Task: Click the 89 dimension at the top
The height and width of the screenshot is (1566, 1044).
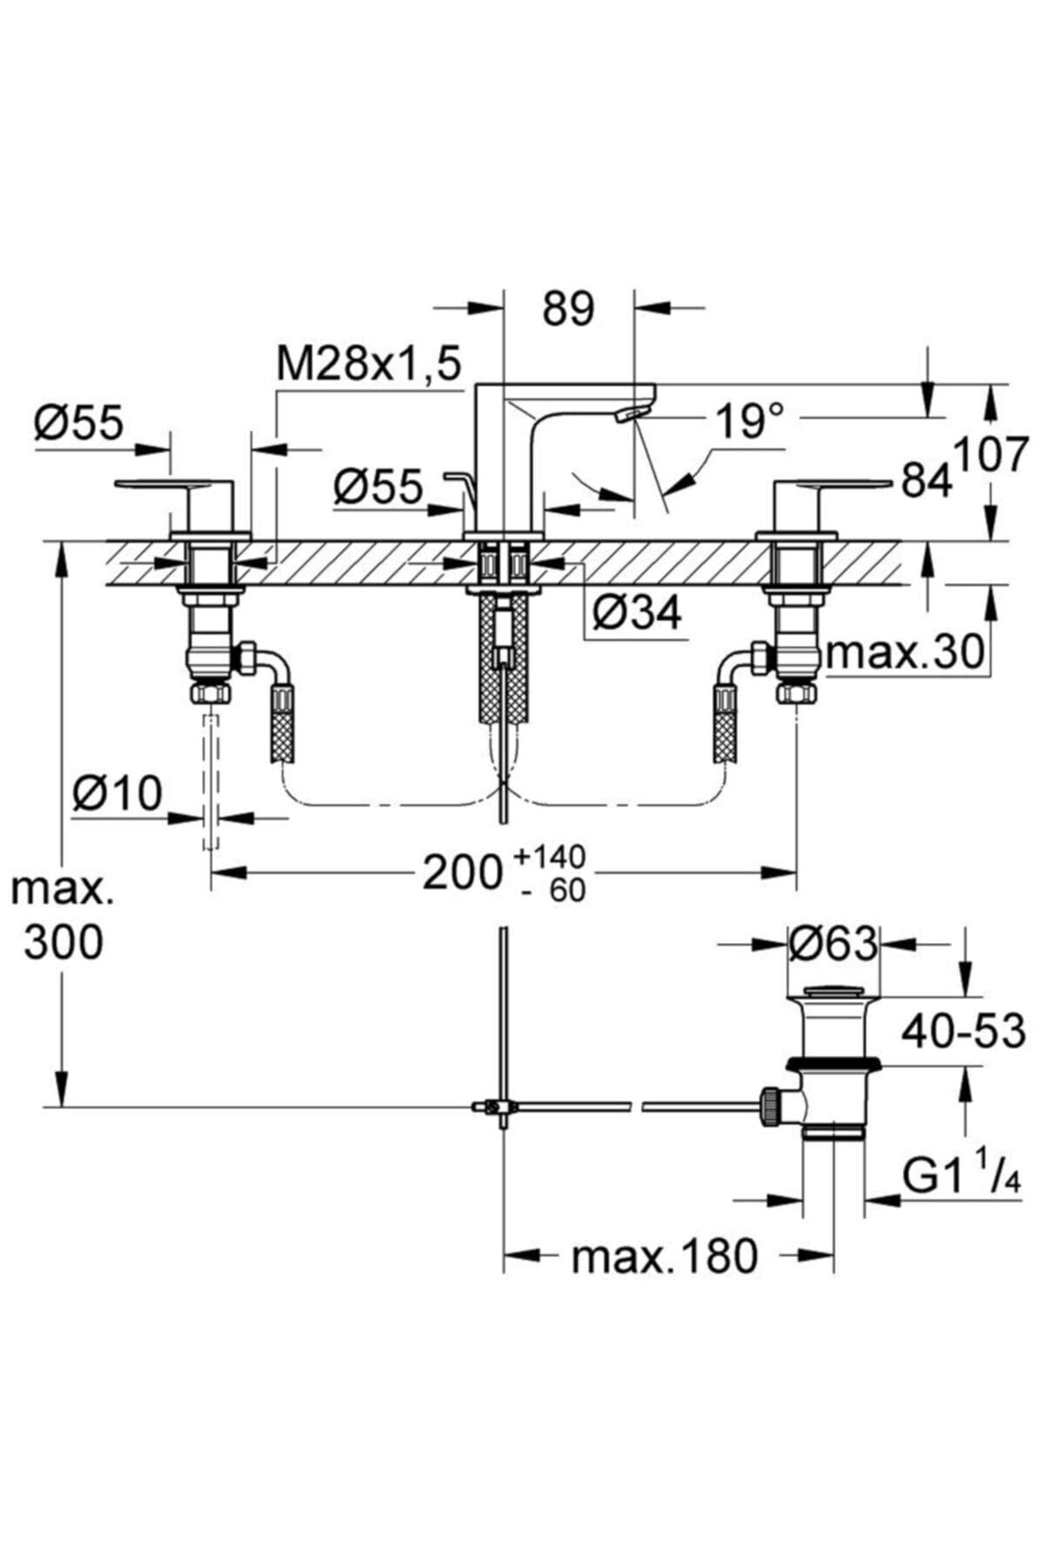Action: tap(568, 309)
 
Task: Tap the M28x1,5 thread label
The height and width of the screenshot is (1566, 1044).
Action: tap(368, 365)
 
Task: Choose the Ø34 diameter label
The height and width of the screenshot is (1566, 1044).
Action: tap(638, 614)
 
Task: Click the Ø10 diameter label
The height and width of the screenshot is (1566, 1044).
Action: tap(117, 793)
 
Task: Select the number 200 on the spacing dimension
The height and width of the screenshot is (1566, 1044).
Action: tap(463, 873)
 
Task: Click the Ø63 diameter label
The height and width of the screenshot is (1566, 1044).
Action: tap(833, 943)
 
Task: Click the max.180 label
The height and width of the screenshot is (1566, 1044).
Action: tap(665, 1256)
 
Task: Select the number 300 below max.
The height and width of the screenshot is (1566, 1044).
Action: tap(64, 942)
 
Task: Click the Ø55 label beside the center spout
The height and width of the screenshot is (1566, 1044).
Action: tap(378, 487)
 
